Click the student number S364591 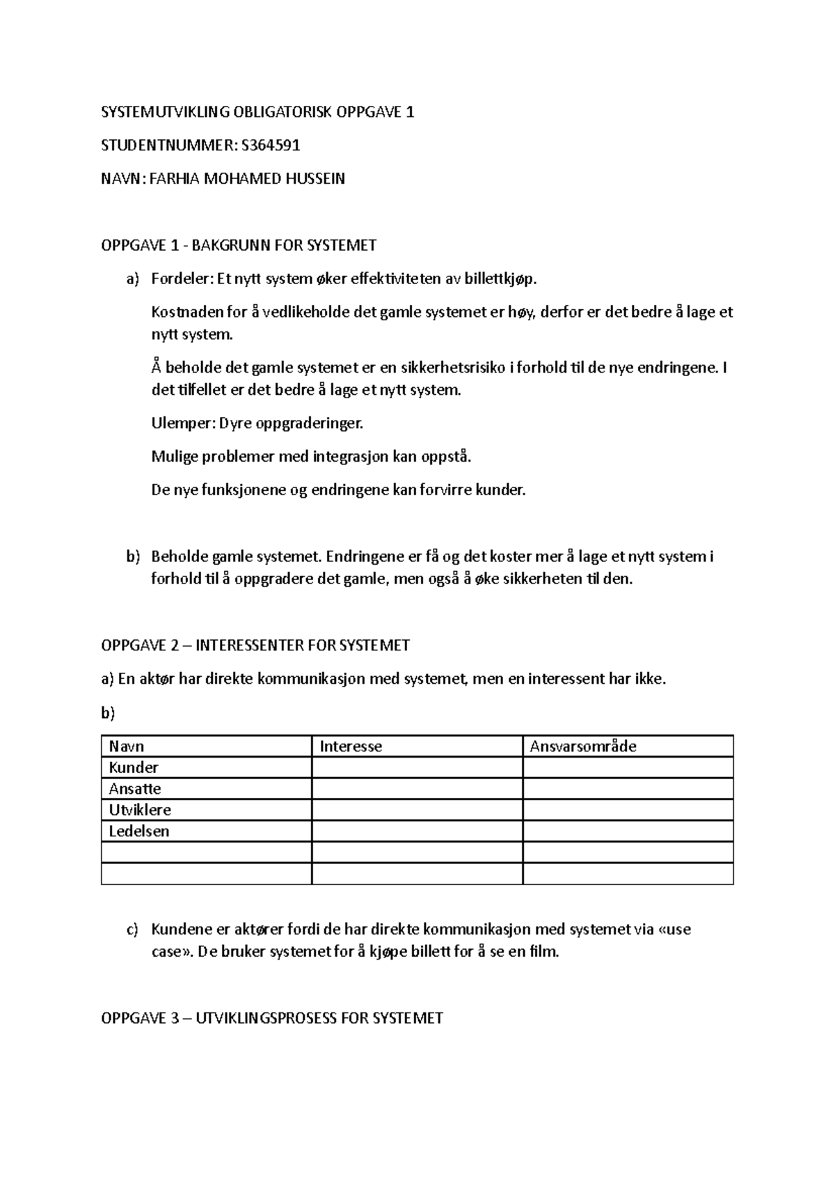click(x=271, y=146)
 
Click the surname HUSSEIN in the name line click(x=317, y=179)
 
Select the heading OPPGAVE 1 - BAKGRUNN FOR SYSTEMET click(x=239, y=245)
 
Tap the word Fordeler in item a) click(x=180, y=279)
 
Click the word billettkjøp click(x=501, y=279)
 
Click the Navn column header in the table click(x=127, y=746)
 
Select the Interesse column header click(x=351, y=746)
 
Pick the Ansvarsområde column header click(x=583, y=746)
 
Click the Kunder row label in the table click(x=134, y=768)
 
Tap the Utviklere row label click(x=140, y=810)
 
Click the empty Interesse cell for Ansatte click(x=417, y=789)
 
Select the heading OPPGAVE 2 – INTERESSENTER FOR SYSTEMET click(x=255, y=646)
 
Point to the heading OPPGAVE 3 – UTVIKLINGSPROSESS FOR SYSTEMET click(x=272, y=1019)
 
